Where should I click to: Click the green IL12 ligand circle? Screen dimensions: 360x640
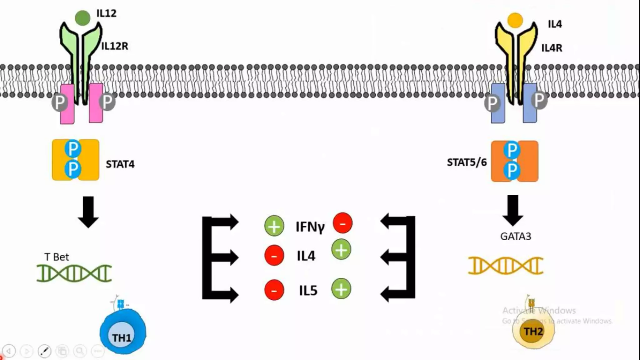point(82,18)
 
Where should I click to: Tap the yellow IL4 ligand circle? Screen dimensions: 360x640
point(515,20)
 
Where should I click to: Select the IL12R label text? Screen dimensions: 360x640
point(115,46)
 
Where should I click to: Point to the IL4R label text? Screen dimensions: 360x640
point(552,48)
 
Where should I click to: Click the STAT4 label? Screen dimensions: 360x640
point(120,164)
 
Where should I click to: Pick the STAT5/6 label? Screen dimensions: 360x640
point(467,162)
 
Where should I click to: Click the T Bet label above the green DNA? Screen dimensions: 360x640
point(57,257)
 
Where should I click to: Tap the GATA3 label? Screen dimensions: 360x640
point(516,236)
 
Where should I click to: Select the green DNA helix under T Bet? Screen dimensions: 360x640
point(74,273)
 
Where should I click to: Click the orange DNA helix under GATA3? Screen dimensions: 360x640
point(506,266)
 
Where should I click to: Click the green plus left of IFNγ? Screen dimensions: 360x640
point(274,226)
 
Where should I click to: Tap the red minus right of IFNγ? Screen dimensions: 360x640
point(342,223)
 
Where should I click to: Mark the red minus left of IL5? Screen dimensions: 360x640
point(274,290)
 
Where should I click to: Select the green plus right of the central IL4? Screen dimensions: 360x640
point(341,250)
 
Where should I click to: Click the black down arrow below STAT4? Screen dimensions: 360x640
point(88,212)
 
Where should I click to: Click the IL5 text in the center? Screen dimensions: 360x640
point(308,291)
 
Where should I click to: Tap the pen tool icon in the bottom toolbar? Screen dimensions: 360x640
point(44,351)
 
